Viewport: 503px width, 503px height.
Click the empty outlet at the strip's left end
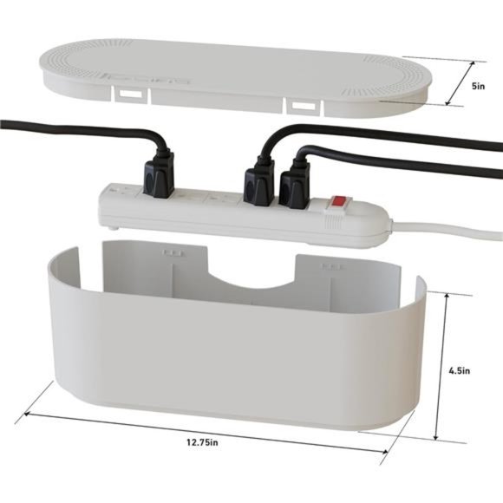click(x=117, y=193)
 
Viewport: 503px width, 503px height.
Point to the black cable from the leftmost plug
click(x=78, y=131)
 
